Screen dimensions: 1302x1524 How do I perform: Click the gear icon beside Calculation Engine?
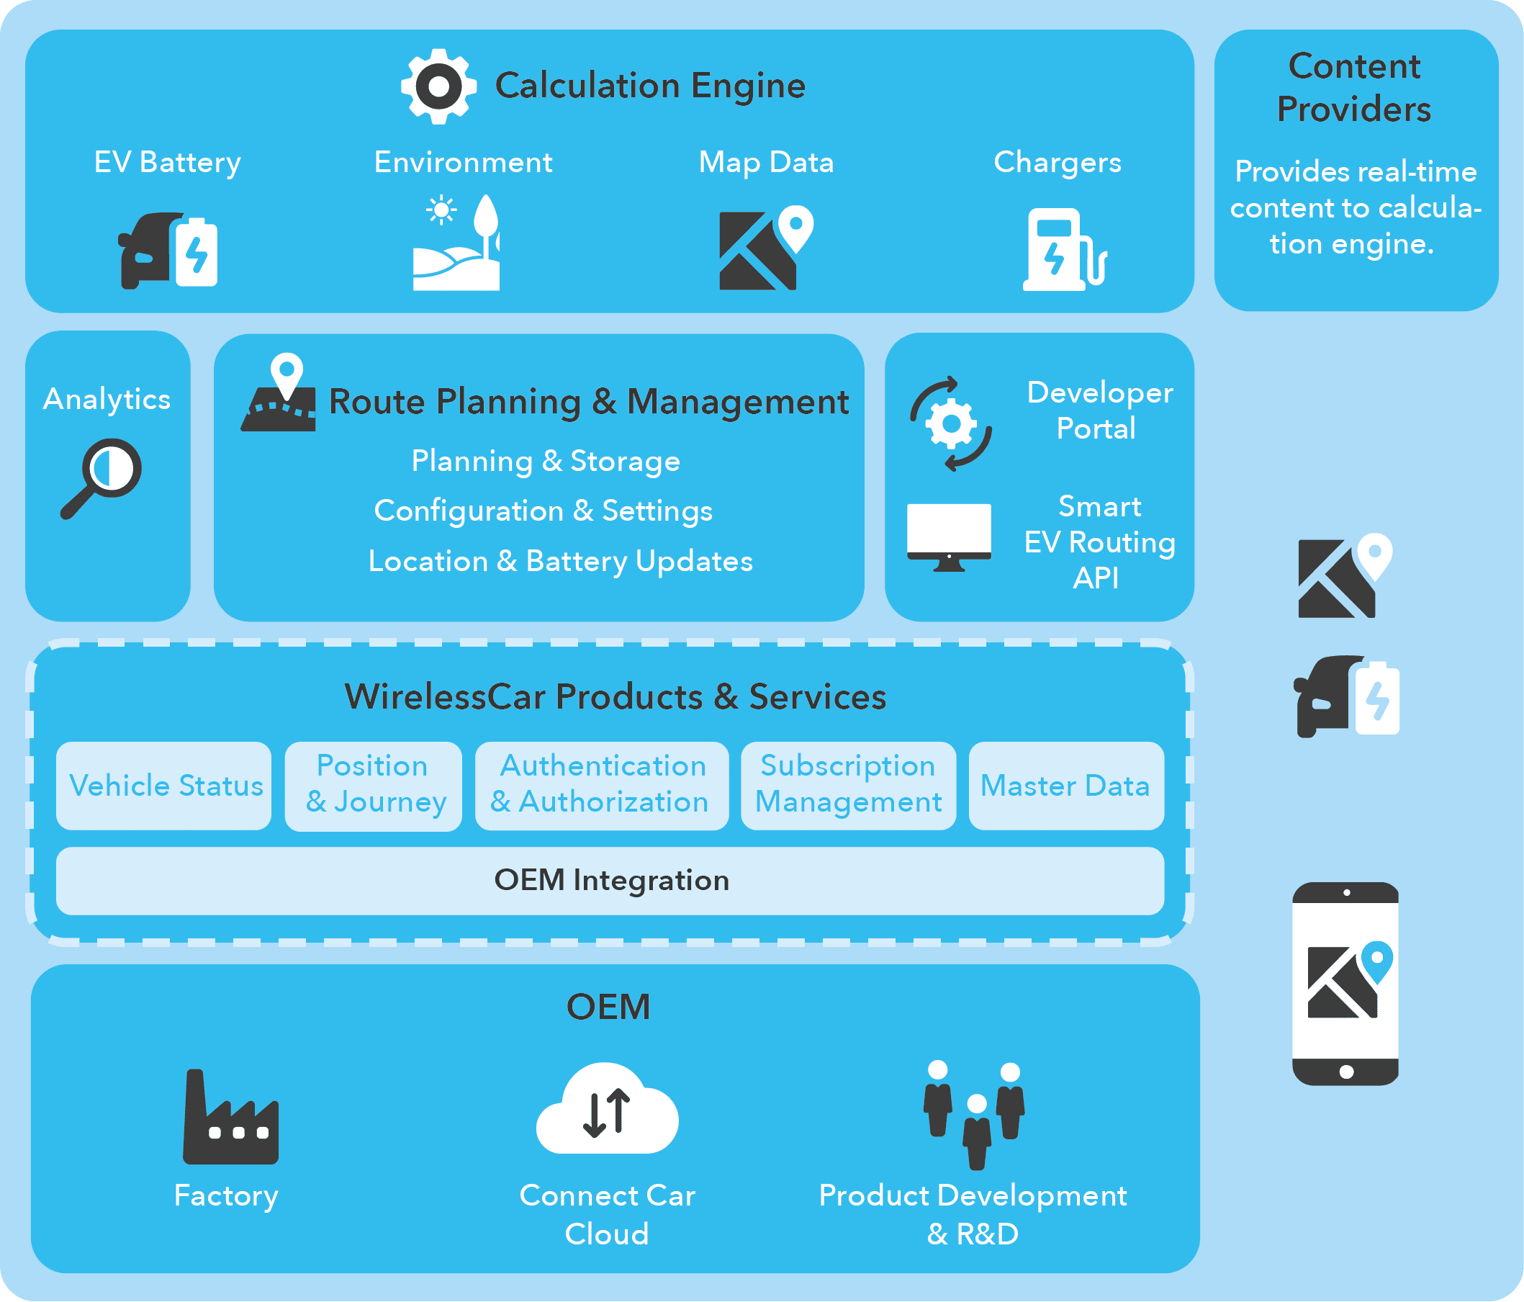tap(438, 86)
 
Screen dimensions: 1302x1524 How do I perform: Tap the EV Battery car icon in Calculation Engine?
tap(168, 251)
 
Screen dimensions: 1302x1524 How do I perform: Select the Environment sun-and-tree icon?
tap(456, 243)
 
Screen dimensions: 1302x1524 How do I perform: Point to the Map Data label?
tap(766, 162)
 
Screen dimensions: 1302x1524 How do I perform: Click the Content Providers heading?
tap(1354, 88)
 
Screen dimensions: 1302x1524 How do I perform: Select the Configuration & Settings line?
tap(543, 511)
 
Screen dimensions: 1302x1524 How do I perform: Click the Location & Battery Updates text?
tap(560, 561)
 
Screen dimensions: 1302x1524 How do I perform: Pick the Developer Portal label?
tap(1099, 410)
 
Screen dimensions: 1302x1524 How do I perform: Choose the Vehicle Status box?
tap(164, 786)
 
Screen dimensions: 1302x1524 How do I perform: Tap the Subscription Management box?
tap(848, 785)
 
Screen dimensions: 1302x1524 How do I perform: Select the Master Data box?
tap(1065, 786)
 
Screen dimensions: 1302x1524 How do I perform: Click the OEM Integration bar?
tap(610, 881)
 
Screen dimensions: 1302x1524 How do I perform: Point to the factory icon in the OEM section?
tap(230, 1119)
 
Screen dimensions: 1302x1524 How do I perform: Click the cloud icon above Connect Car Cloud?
tap(607, 1109)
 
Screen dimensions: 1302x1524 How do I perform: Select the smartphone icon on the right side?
tap(1345, 984)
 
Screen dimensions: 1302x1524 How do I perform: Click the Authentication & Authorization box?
tap(601, 785)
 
